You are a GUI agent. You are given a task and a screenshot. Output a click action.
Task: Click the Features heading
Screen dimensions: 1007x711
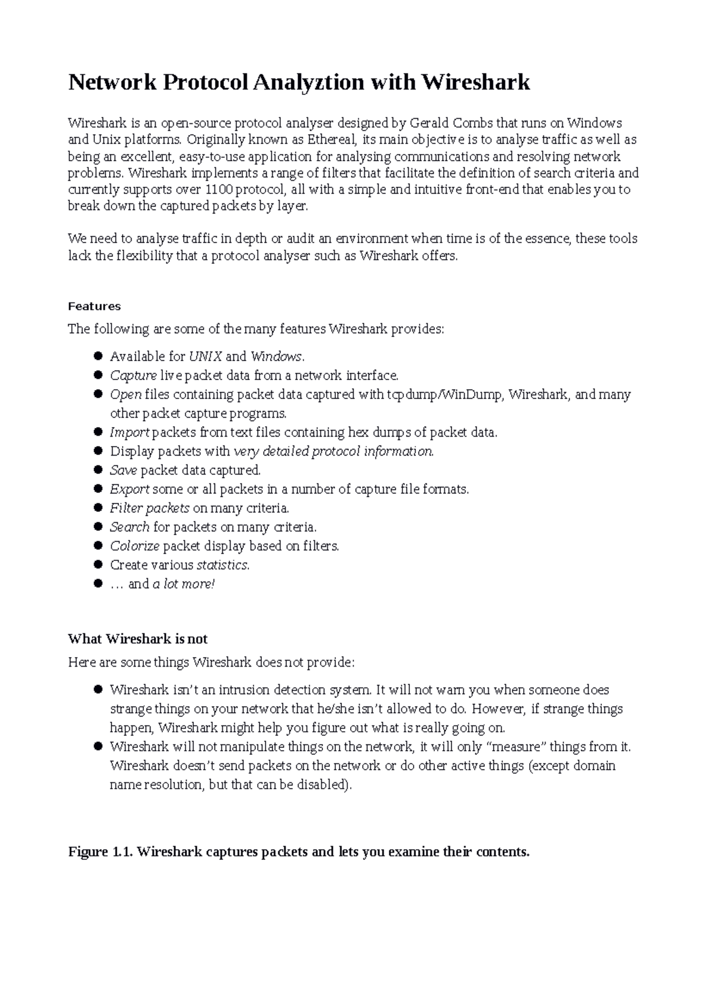tap(94, 307)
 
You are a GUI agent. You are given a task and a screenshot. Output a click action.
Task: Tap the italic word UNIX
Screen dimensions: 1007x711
tap(206, 356)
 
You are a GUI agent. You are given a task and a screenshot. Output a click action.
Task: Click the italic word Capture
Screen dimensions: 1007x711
tap(133, 375)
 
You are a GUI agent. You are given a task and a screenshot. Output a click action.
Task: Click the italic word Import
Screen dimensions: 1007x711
tap(130, 432)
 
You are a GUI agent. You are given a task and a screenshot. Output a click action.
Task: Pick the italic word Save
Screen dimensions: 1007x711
tap(123, 470)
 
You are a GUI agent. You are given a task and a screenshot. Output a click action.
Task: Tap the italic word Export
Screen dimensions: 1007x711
tap(130, 489)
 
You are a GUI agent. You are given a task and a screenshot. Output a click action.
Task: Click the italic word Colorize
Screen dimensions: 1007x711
tap(134, 546)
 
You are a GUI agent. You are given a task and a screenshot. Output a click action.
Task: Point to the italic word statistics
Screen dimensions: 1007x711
tap(222, 565)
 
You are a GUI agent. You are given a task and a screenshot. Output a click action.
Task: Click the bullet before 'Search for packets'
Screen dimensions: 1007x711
tap(98, 527)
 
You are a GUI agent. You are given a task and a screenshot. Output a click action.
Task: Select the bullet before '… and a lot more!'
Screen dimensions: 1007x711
tap(98, 584)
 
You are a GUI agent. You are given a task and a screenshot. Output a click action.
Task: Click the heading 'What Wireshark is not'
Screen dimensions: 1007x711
tap(137, 639)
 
